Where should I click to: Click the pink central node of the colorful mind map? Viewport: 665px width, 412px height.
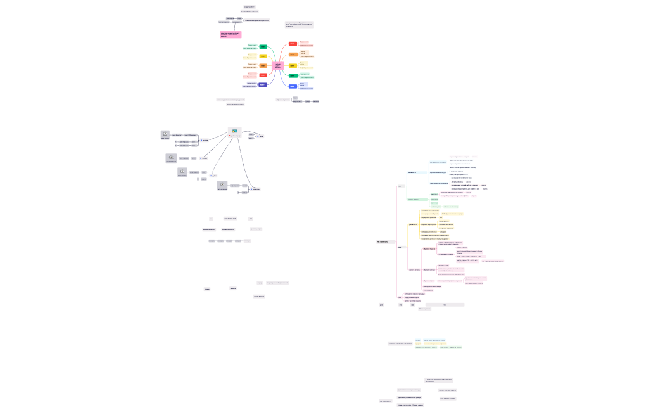click(x=277, y=65)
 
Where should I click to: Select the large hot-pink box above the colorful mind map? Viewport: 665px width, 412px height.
click(x=231, y=34)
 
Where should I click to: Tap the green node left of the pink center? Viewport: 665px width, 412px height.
click(x=263, y=47)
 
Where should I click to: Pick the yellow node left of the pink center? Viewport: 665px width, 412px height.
click(x=263, y=56)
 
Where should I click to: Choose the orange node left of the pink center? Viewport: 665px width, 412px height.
click(x=263, y=65)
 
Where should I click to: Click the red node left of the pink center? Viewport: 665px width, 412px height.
click(x=263, y=75)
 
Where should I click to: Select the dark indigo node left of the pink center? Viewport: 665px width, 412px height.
click(x=263, y=84)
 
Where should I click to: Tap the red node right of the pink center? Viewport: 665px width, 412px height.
click(x=293, y=44)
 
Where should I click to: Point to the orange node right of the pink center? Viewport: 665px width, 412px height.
click(x=293, y=55)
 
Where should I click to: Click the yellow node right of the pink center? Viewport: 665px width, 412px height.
click(x=293, y=65)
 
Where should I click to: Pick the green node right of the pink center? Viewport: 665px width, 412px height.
click(x=293, y=75)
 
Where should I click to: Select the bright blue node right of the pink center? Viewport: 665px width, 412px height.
click(x=293, y=86)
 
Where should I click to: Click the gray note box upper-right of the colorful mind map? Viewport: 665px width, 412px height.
click(x=300, y=25)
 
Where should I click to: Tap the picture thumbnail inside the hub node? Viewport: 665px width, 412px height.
click(x=234, y=131)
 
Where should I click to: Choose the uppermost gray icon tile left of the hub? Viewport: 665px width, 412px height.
click(x=165, y=134)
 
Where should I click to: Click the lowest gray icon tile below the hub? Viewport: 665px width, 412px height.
click(x=222, y=185)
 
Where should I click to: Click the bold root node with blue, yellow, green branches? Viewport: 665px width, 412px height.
click(x=399, y=344)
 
